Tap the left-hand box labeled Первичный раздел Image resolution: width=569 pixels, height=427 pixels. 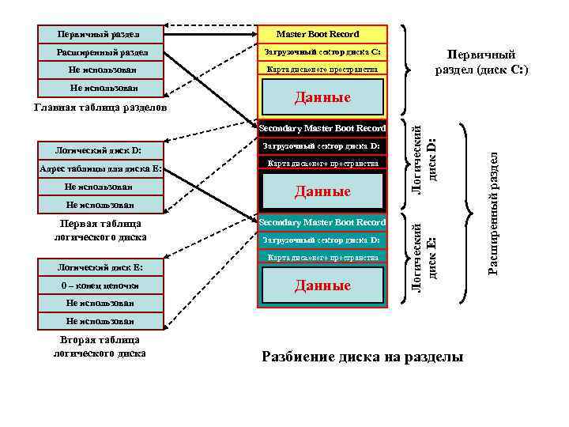[100, 34]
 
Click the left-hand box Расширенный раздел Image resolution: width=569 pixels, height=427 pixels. [100, 52]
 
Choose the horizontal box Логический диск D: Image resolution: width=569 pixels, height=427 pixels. [100, 150]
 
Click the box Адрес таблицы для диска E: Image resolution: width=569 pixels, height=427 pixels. [100, 168]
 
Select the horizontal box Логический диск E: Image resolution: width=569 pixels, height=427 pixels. [100, 266]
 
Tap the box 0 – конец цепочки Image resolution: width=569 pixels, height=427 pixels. [100, 285]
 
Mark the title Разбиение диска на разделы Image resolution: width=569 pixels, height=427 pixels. [362, 357]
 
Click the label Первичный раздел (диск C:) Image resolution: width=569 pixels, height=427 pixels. [481, 62]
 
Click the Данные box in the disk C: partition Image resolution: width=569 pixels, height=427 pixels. [322, 98]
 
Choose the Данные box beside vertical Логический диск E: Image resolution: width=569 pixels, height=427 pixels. [322, 285]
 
